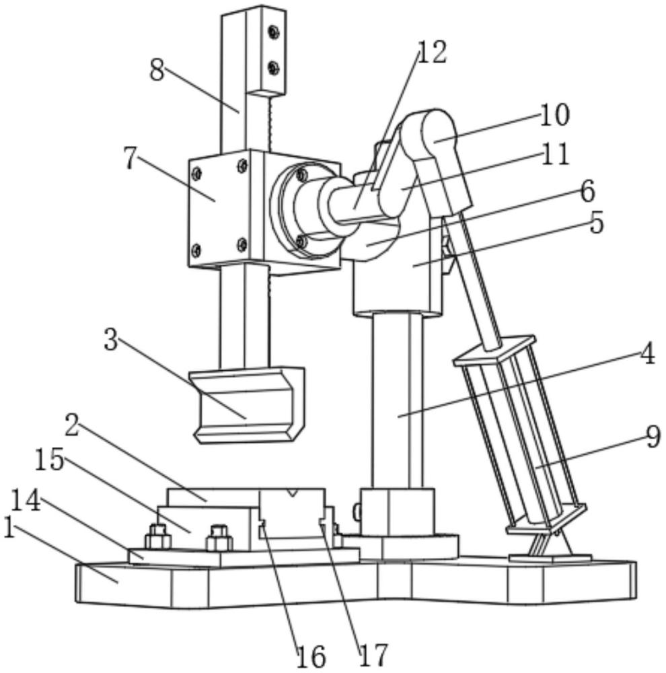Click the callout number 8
coord(157,69)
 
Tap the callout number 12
coord(432,52)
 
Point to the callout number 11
coord(555,154)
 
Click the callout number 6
coord(587,191)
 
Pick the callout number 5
coord(596,223)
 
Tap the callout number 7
coord(131,158)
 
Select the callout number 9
coord(653,437)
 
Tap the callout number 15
coord(49,460)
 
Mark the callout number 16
coord(311,656)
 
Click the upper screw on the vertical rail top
coord(273,32)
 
